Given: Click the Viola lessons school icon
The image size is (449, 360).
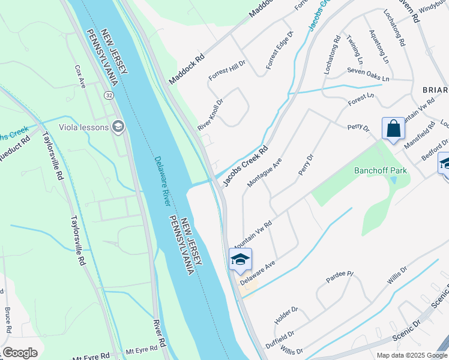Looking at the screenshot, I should point(118,127).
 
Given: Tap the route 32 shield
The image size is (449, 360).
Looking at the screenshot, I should point(108,95).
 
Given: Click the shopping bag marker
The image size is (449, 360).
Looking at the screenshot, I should point(393,129).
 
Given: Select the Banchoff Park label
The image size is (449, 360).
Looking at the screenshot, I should point(381,170).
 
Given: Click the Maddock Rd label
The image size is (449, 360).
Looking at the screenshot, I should point(187,70).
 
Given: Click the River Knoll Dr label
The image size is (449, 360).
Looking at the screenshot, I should point(211,114).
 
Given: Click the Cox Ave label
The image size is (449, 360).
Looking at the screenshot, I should point(80,77).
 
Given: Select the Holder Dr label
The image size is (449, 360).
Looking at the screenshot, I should point(286,316).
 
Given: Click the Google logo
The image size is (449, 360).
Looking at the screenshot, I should point(20,353).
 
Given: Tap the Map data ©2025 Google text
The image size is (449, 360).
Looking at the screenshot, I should point(411,355).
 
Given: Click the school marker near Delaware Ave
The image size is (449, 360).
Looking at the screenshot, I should point(240,259).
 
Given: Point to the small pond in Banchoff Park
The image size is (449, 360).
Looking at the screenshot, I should point(393,179).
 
